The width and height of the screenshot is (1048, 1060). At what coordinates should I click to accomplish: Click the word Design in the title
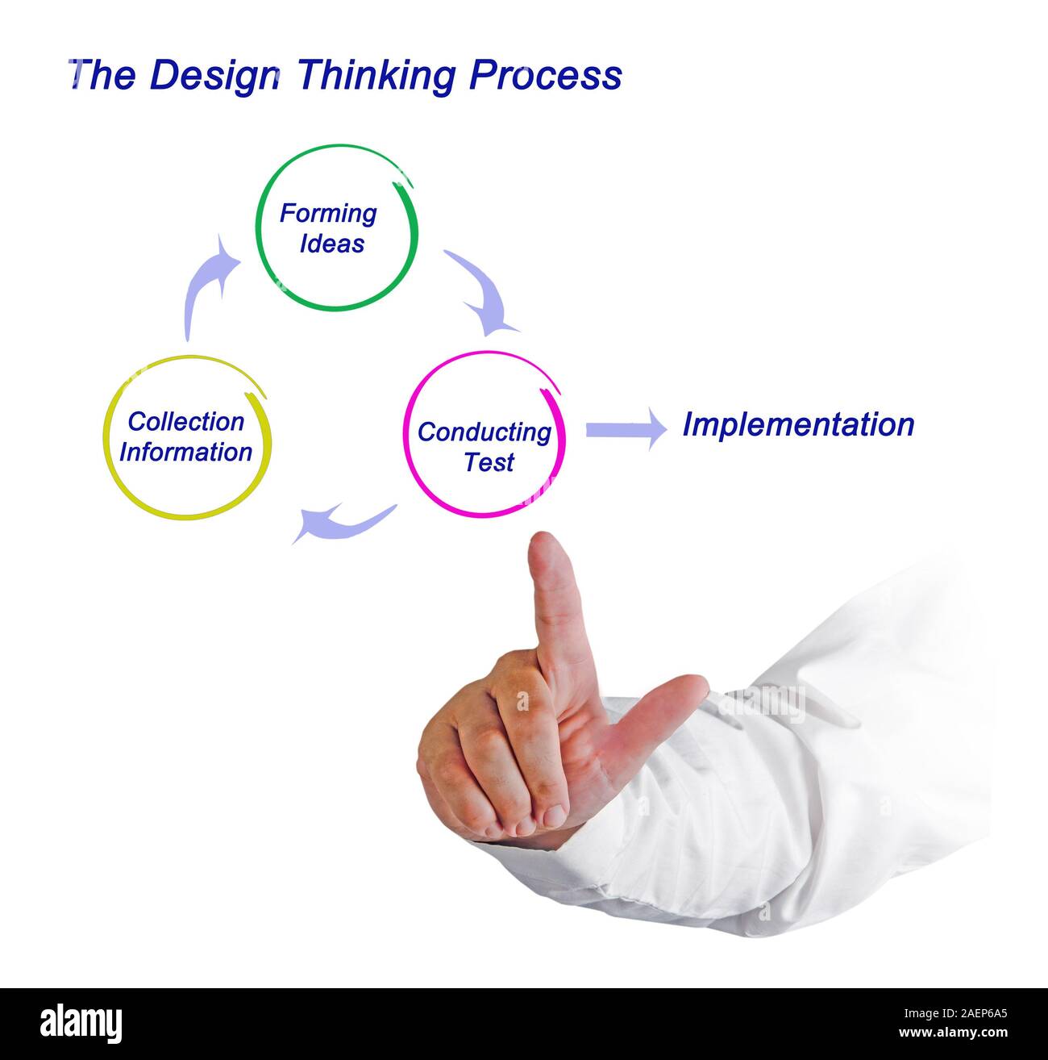click(x=214, y=77)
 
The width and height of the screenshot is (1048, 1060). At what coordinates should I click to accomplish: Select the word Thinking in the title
click(x=376, y=77)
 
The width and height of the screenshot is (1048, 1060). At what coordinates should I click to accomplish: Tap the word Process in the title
click(x=546, y=75)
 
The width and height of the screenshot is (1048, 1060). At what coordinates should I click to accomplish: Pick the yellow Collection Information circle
click(x=186, y=436)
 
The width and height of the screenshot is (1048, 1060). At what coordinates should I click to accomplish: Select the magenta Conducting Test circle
click(x=484, y=434)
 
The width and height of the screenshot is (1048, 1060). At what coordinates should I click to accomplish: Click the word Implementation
click(x=798, y=424)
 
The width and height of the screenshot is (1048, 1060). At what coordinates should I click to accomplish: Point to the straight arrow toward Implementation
click(x=626, y=429)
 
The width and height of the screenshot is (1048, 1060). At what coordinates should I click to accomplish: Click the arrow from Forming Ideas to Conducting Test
click(x=483, y=293)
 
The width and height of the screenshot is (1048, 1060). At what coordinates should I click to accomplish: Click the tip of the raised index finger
click(x=548, y=549)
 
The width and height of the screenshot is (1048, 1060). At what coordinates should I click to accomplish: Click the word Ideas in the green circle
click(x=332, y=244)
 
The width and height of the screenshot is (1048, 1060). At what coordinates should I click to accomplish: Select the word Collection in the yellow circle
click(x=185, y=421)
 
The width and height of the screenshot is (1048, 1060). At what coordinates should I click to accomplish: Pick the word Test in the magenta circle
click(x=489, y=463)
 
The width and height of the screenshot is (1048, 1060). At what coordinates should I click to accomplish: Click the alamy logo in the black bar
click(x=81, y=1022)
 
